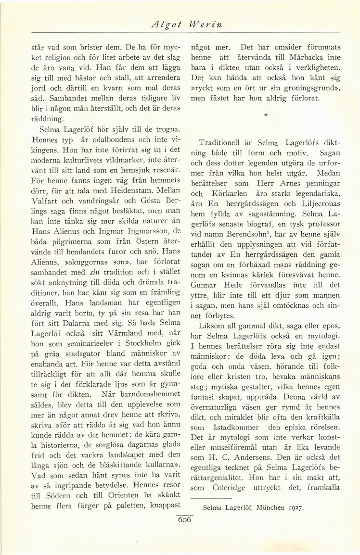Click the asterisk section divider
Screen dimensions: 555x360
click(265, 116)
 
